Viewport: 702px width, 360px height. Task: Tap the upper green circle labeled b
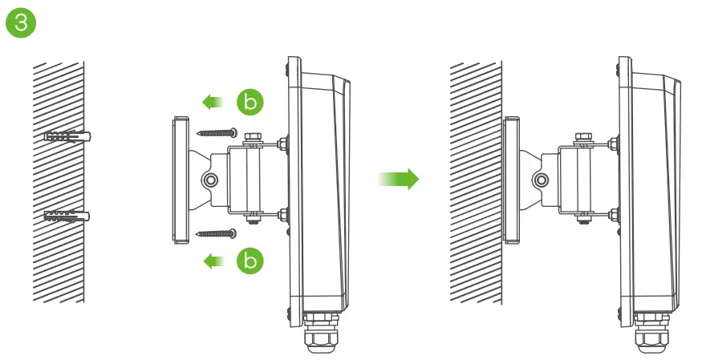pyautogui.click(x=249, y=102)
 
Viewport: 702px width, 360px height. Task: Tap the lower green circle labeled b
pyautogui.click(x=249, y=260)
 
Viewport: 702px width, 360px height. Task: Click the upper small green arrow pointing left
pyautogui.click(x=212, y=102)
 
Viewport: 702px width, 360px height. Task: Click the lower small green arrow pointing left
pyautogui.click(x=212, y=260)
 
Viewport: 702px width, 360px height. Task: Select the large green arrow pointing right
pyautogui.click(x=399, y=178)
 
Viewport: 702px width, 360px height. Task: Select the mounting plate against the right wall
pyautogui.click(x=510, y=179)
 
